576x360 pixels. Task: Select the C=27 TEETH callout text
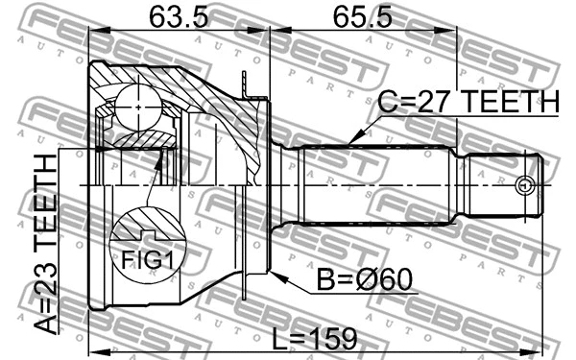tap(468, 102)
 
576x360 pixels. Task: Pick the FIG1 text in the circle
tap(145, 258)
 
